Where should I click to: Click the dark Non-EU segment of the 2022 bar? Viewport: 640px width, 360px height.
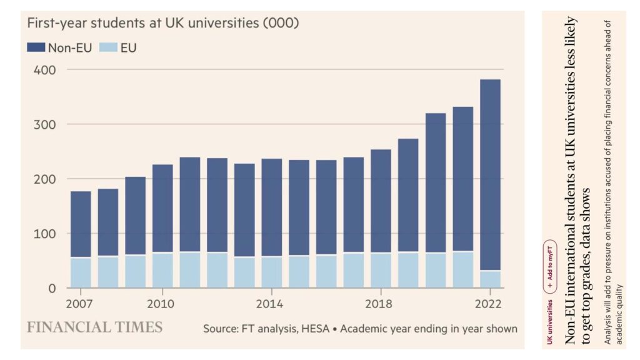coord(489,175)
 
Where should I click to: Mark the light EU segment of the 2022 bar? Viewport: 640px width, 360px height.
coord(489,279)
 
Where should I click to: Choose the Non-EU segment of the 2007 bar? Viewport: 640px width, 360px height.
coord(80,224)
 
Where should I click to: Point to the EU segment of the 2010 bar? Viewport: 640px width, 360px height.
coord(162,270)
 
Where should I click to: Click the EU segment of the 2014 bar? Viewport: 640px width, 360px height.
coord(271,272)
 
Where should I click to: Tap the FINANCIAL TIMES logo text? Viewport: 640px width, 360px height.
coord(94,327)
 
